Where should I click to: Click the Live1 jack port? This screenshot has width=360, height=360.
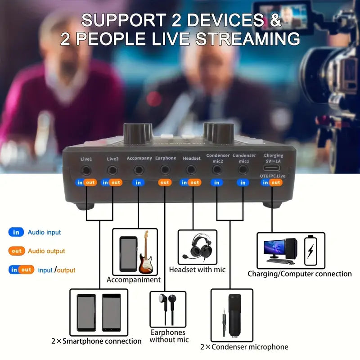coord(86,171)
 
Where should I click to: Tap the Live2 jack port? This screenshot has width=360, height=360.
coord(112,171)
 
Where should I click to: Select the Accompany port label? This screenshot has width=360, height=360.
coord(139,158)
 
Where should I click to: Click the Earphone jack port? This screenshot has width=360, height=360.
coord(165,170)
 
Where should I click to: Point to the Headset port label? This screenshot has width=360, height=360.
coord(192,158)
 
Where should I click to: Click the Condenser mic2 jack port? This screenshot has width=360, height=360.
coord(217,170)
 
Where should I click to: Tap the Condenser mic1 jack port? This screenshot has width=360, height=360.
coord(243,170)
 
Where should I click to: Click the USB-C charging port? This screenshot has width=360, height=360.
coord(272,168)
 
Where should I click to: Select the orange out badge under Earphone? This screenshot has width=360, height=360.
coord(165,183)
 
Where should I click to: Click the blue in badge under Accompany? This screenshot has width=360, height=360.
coord(138,183)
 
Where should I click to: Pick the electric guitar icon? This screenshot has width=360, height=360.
coord(145,252)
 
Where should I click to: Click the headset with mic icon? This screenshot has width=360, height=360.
coord(198,246)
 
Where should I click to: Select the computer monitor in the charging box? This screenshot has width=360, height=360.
coord(274,249)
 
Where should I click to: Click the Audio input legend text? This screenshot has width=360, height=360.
coord(44,232)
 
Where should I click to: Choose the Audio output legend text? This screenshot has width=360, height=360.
coord(46,251)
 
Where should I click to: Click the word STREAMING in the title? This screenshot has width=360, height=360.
coord(248,39)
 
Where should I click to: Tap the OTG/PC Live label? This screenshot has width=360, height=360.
coord(273,176)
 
